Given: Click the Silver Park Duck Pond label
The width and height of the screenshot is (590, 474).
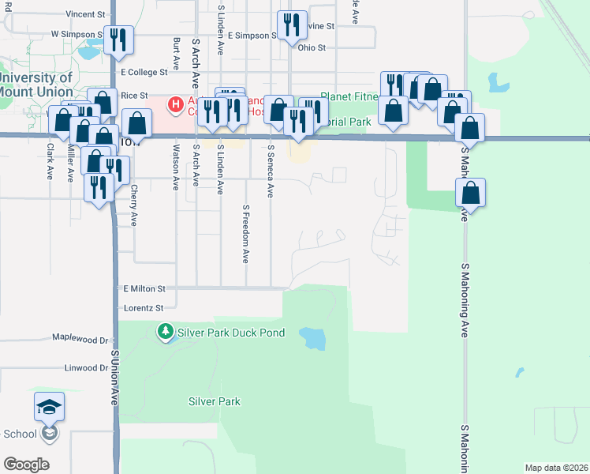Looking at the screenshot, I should pos(231,333).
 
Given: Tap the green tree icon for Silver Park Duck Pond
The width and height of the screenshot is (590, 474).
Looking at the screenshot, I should pos(166,331).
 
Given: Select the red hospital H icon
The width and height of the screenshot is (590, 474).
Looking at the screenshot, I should pos(175,103).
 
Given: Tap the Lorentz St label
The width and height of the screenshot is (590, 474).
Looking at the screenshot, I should pos(143,307).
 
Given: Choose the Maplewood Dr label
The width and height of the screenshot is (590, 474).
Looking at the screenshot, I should pos(80,337).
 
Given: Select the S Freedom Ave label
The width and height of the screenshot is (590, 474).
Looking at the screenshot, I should pos(246,234).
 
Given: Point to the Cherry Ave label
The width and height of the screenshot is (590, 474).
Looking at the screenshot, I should pos(134,205).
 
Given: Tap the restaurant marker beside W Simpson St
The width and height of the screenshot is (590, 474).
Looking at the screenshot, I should pos(118,40).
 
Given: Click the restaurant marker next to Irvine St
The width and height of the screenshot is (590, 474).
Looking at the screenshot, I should pos(292,25).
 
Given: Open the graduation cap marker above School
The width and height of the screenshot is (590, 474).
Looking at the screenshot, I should pos(50,407).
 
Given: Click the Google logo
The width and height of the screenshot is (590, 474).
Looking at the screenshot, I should pos(26,465).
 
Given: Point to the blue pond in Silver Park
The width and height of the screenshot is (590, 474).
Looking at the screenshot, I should pos(312,339).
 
